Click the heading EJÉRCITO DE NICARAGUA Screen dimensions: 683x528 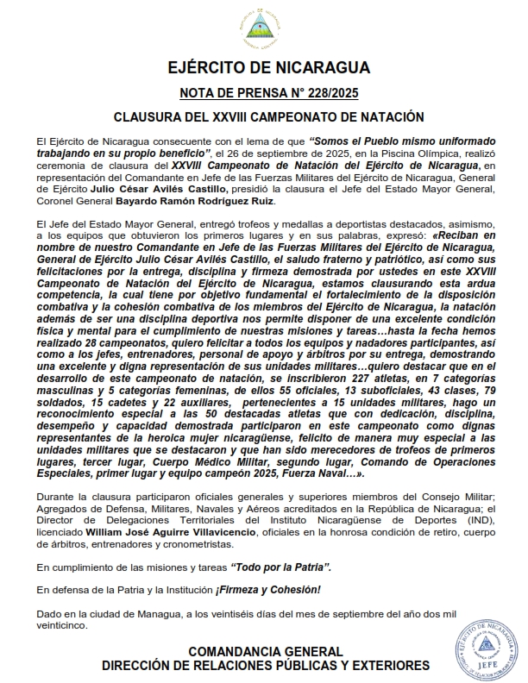click(x=264, y=68)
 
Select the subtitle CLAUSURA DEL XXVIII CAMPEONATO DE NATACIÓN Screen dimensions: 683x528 click(x=264, y=116)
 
